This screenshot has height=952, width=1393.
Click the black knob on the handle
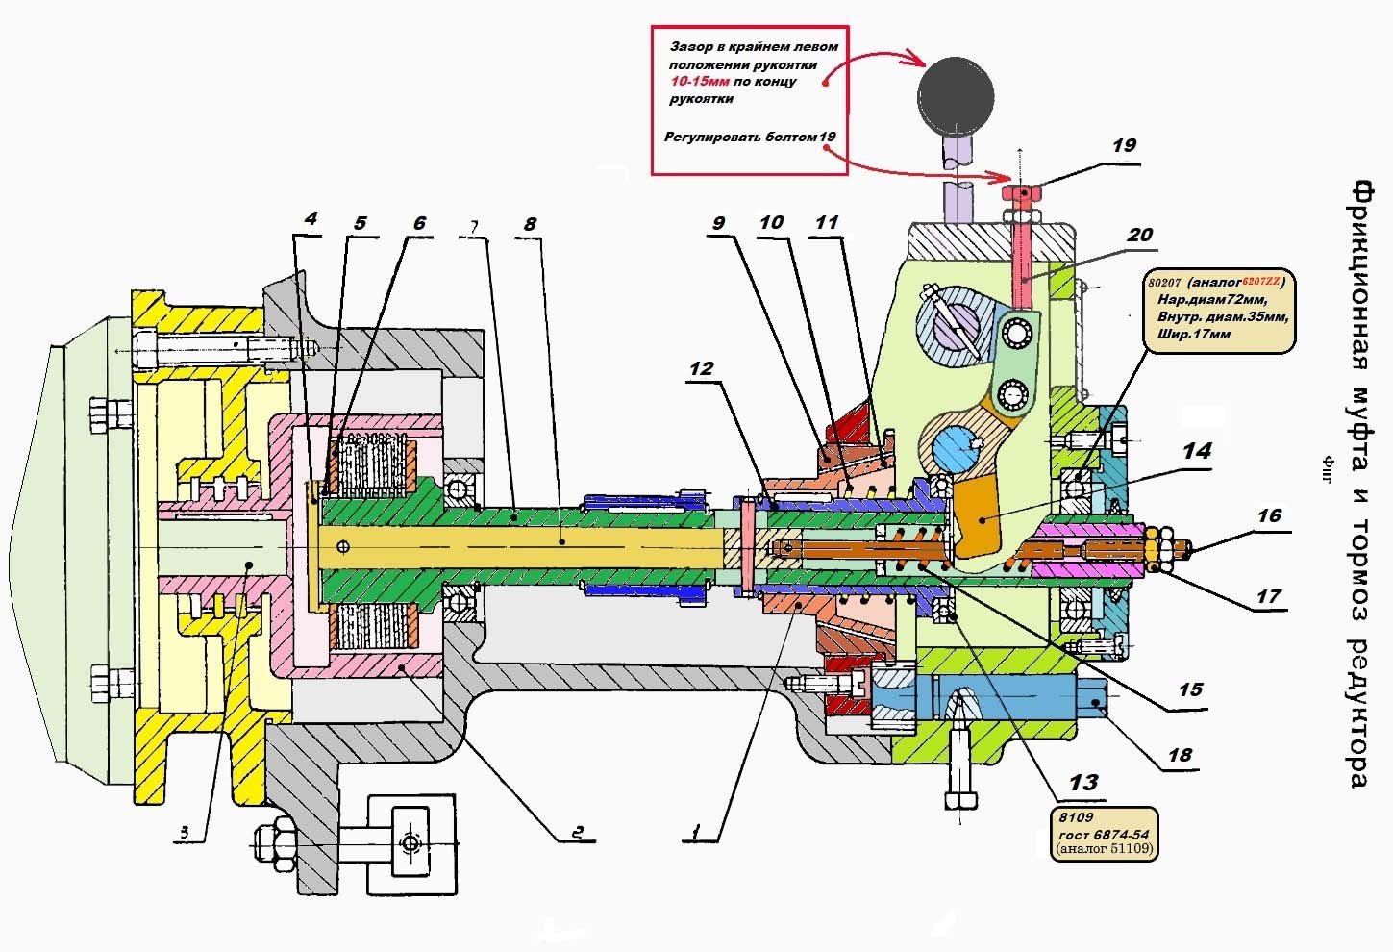954,92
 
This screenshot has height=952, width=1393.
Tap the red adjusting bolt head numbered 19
1027,194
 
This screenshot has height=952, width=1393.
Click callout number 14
1197,451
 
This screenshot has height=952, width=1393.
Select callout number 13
1083,783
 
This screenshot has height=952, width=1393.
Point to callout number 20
1139,236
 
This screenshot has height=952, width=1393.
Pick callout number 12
702,368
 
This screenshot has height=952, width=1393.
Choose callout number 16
1269,516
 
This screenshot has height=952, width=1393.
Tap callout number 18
1180,755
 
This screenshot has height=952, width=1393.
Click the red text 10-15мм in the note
700,83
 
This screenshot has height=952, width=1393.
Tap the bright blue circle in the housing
964,449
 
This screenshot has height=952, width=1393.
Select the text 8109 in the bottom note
1070,816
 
